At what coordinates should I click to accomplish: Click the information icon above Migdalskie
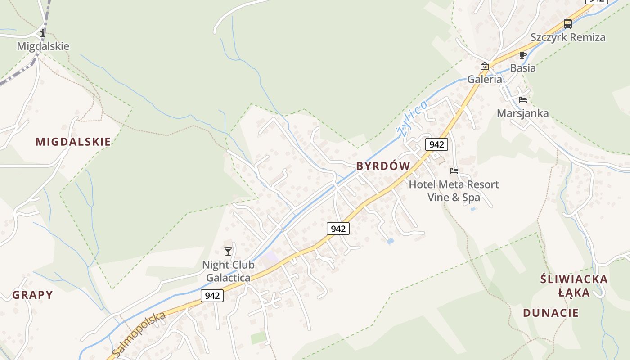point(43,33)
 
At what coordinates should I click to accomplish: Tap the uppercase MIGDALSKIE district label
point(73,142)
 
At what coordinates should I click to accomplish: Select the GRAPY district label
point(32,295)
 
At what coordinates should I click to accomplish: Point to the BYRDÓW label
point(383,166)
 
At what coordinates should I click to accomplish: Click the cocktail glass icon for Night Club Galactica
point(228,252)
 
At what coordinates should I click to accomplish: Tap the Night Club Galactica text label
point(228,271)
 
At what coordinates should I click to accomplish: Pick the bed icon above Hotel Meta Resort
point(454,171)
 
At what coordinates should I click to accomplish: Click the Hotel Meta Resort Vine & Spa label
point(454,191)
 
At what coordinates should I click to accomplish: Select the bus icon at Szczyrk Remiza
point(568,24)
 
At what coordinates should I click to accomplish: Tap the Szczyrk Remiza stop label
point(568,37)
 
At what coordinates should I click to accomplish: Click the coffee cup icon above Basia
point(522,55)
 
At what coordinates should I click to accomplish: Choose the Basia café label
point(522,68)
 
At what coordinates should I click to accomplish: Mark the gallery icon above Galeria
point(485,67)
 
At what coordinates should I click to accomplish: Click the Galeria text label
point(485,79)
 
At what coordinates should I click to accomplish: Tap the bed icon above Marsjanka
point(522,100)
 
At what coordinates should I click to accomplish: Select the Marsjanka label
point(522,113)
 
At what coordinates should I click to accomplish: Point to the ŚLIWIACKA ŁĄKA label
point(574,286)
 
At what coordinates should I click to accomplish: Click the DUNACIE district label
point(550,313)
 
